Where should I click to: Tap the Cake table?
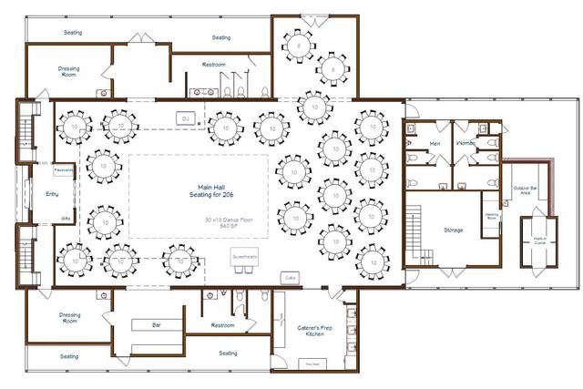pyautogui.click(x=291, y=276)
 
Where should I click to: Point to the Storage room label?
pyautogui.click(x=453, y=230)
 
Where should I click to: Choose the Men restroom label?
pyautogui.click(x=435, y=144)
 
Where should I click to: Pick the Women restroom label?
pyautogui.click(x=465, y=144)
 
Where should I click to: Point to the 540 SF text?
pyautogui.click(x=220, y=228)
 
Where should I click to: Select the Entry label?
pyautogui.click(x=39, y=194)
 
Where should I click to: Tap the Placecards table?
pyautogui.click(x=64, y=169)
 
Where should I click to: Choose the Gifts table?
pyautogui.click(x=66, y=219)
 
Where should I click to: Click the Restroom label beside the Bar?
pyautogui.click(x=222, y=325)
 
